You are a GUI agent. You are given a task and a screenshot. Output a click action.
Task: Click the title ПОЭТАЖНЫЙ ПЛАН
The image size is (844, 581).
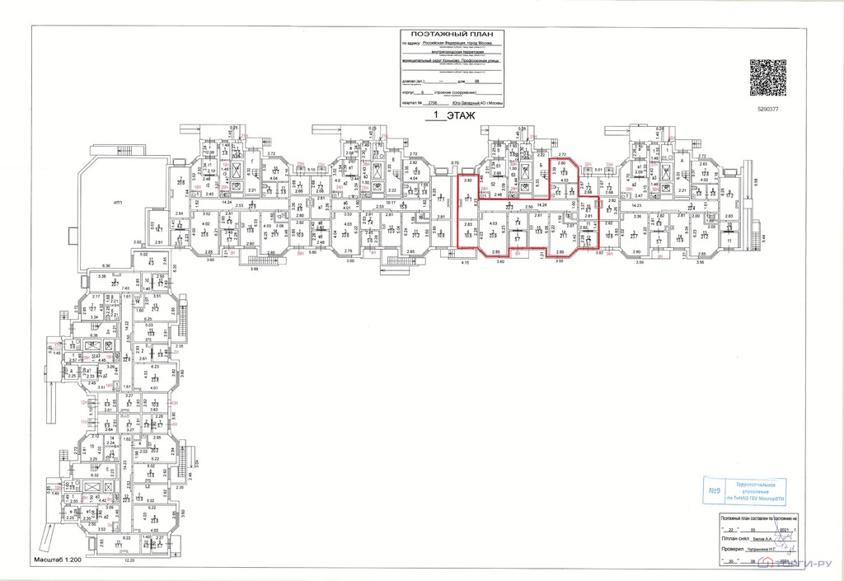(x=452, y=33)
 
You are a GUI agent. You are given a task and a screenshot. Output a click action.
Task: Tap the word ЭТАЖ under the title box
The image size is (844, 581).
(x=461, y=117)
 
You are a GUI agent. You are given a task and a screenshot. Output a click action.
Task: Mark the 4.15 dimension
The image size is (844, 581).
(x=465, y=261)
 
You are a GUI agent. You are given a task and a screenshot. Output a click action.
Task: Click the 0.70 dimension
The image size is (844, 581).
(x=454, y=163)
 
